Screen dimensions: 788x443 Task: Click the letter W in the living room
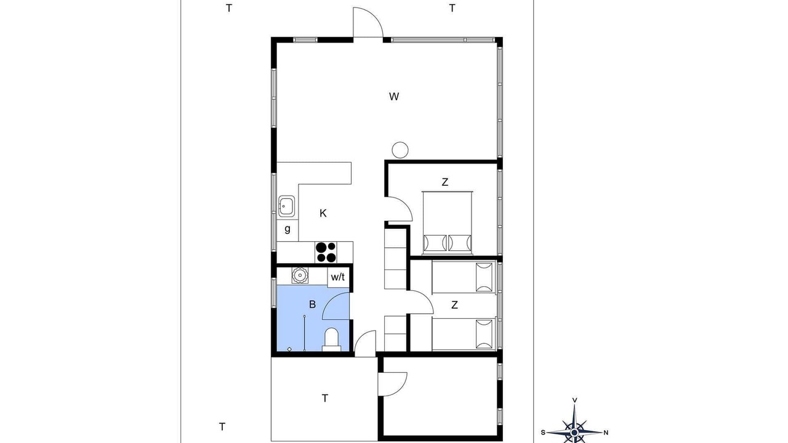[394, 97]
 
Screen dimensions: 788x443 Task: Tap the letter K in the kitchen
[323, 213]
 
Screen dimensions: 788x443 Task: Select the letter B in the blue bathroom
[312, 305]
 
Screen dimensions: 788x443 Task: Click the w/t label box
[338, 277]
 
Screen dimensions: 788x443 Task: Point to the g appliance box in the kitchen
[287, 230]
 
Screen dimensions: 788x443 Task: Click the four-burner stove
[326, 252]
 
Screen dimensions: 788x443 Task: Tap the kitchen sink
[287, 206]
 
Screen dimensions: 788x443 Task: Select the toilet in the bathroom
[331, 340]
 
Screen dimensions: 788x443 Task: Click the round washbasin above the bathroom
[300, 275]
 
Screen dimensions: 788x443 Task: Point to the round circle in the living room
[400, 150]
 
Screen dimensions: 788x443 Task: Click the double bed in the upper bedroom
[447, 223]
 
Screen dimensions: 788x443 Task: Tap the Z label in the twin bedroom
[454, 305]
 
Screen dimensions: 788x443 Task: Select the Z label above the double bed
[445, 183]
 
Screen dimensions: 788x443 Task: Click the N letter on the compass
[606, 433]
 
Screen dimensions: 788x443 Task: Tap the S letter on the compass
[543, 433]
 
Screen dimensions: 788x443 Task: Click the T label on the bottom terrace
[325, 398]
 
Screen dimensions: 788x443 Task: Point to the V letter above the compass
[575, 400]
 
